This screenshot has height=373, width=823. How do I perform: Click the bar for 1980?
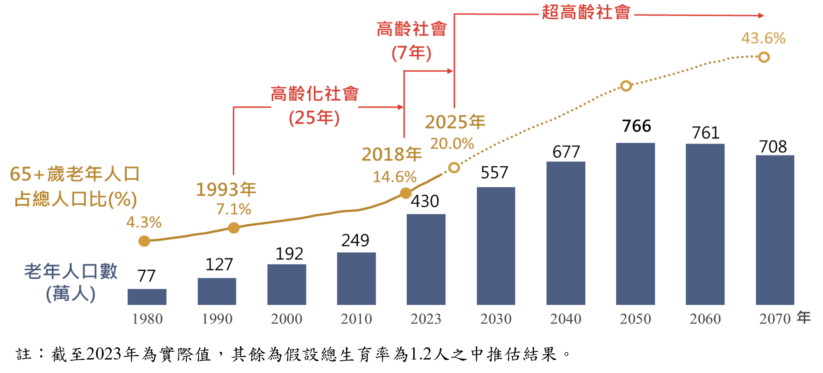click(147, 296)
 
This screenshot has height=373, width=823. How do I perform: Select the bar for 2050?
click(635, 224)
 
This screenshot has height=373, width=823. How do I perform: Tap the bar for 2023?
click(426, 259)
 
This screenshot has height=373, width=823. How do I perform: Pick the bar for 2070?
click(775, 230)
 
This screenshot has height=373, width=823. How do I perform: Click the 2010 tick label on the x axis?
click(356, 319)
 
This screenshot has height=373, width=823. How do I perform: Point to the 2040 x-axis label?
click(565, 319)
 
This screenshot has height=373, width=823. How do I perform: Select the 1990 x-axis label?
click(217, 319)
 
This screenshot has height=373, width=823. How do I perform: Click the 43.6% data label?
click(763, 38)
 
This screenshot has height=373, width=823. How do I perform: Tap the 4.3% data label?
click(144, 222)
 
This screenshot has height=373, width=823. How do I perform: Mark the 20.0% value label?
click(452, 143)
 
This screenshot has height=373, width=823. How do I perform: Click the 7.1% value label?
click(234, 209)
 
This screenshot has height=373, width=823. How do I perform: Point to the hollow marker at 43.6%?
click(764, 57)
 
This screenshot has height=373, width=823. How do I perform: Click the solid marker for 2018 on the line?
click(405, 193)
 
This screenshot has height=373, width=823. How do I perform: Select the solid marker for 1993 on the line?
click(234, 228)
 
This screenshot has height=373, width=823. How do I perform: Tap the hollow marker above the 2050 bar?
click(626, 86)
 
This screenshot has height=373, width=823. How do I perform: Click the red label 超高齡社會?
click(586, 12)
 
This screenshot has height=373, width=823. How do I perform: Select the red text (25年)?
click(314, 118)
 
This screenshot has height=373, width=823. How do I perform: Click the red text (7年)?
click(411, 53)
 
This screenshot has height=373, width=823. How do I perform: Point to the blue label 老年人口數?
click(71, 271)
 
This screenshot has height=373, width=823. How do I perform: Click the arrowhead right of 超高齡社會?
click(761, 15)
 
